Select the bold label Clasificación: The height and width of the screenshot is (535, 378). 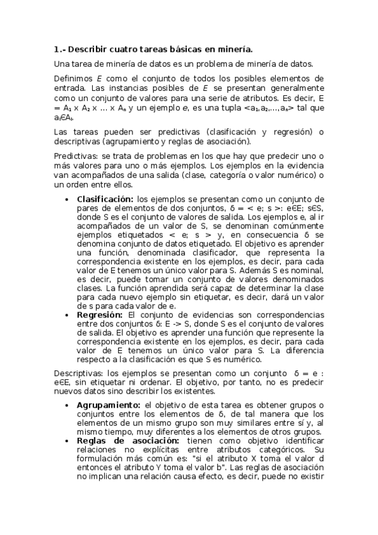click(x=105, y=199)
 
